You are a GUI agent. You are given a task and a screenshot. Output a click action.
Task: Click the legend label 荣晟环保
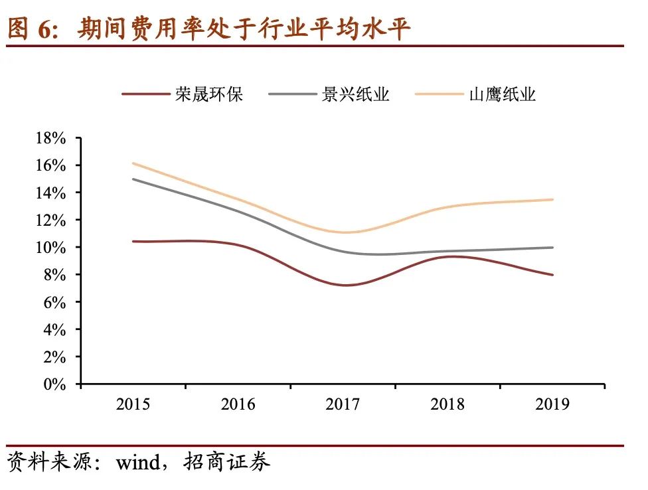(x=209, y=94)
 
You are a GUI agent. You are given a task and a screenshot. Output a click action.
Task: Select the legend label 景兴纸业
(x=356, y=94)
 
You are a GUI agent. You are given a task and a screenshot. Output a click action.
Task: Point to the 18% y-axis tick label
(x=50, y=138)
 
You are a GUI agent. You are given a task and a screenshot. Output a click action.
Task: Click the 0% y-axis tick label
(x=55, y=384)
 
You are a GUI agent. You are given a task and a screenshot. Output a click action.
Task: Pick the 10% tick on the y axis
(x=50, y=248)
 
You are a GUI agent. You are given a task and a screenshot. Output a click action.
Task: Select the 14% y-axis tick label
(x=50, y=193)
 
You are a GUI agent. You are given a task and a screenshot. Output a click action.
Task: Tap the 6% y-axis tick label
(x=55, y=302)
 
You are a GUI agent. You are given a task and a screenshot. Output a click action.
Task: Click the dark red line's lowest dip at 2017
(x=347, y=286)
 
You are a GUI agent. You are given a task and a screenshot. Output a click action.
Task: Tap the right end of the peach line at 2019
(x=552, y=199)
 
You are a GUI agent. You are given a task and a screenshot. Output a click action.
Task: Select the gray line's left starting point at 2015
(x=133, y=179)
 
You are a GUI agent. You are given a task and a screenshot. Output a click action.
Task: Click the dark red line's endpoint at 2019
(x=552, y=275)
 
